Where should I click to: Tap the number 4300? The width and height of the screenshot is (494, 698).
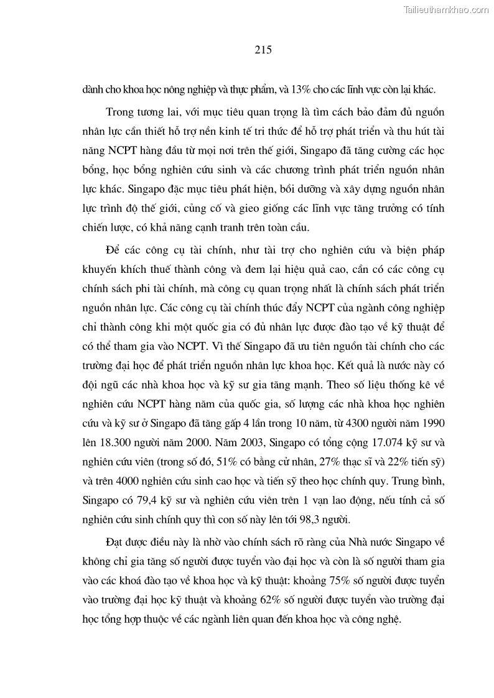coord(322,424)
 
